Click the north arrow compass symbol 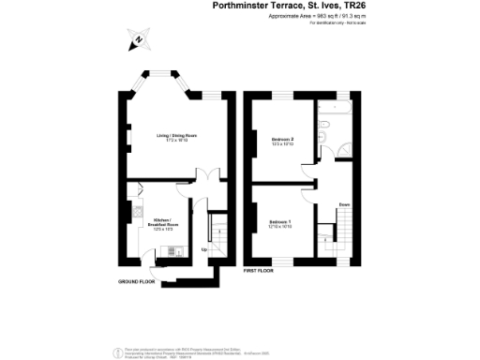pos(136,40)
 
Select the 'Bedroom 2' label pos(282,139)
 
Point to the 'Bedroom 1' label pos(282,221)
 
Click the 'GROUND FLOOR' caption pos(137,281)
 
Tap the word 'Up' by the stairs pos(204,250)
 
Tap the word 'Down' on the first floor pos(345,203)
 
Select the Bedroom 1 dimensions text pos(282,227)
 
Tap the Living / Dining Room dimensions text pos(177,141)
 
